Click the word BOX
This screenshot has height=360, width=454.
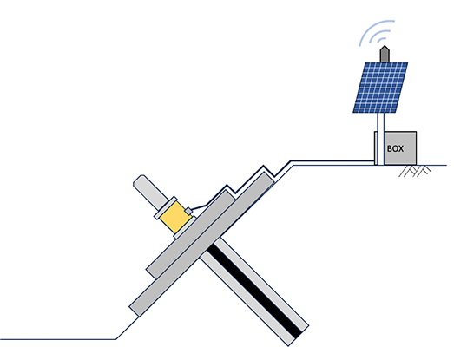pyautogui.click(x=395, y=148)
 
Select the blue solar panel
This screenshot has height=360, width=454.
pyautogui.click(x=380, y=88)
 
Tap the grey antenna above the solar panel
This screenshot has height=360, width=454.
pyautogui.click(x=385, y=54)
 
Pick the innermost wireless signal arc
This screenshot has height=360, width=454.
pyautogui.click(x=381, y=41)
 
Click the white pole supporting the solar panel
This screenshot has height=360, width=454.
pyautogui.click(x=380, y=139)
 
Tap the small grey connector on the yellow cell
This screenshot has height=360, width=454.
pyautogui.click(x=188, y=211)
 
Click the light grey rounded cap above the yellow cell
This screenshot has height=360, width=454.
pyautogui.click(x=150, y=191)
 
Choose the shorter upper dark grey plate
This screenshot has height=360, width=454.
pyautogui.click(x=190, y=234)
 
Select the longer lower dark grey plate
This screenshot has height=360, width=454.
pyautogui.click(x=201, y=245)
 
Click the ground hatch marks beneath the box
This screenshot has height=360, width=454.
pyautogui.click(x=415, y=171)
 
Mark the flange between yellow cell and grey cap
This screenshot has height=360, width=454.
pyautogui.click(x=165, y=207)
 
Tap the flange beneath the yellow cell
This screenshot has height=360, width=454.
pyautogui.click(x=185, y=227)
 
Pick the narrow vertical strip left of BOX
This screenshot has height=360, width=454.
pyautogui.click(x=376, y=148)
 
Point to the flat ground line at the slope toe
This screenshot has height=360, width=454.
pyautogui.click(x=58, y=339)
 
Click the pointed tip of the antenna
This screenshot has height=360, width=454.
pyautogui.click(x=385, y=45)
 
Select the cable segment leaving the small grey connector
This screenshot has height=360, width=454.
pyautogui.click(x=199, y=207)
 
